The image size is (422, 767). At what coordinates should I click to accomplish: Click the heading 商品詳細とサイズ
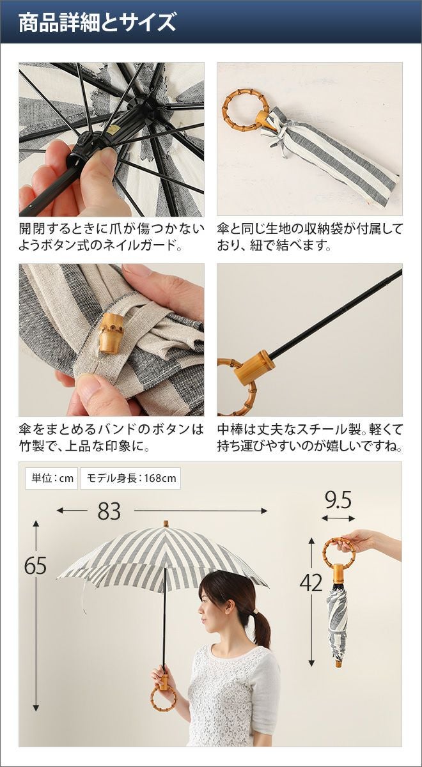tap(97, 22)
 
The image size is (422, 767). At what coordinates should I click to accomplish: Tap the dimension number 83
tap(109, 511)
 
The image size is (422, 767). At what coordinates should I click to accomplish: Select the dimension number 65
tap(35, 566)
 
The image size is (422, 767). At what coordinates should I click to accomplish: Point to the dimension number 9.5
tap(338, 500)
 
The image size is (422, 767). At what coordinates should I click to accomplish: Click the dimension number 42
tap(311, 583)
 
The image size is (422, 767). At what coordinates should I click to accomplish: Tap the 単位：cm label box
tap(52, 478)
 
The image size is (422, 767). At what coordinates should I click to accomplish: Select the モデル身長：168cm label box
tap(130, 478)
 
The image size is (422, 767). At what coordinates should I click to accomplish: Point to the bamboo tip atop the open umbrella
tap(166, 524)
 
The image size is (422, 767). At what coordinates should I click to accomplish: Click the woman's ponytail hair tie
tap(254, 611)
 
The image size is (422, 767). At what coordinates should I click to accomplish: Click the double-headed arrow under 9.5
tap(338, 518)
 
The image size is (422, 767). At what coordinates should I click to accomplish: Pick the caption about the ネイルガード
tap(111, 236)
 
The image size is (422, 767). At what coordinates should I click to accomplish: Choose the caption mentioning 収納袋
tap(309, 236)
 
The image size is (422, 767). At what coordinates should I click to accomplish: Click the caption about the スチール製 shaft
tap(309, 437)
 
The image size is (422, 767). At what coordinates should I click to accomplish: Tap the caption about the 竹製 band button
tap(111, 437)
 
